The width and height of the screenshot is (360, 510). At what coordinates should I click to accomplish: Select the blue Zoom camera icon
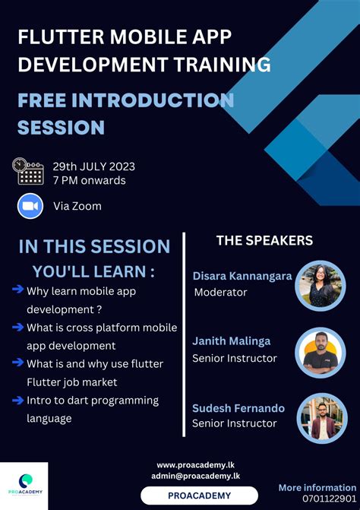pyautogui.click(x=30, y=206)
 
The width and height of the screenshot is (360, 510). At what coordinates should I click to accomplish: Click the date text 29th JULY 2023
pyautogui.click(x=93, y=166)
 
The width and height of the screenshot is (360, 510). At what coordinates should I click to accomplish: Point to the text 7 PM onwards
pyautogui.click(x=89, y=180)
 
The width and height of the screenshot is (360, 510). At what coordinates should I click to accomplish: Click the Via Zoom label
pyautogui.click(x=77, y=206)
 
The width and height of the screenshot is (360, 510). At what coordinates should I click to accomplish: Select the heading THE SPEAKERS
pyautogui.click(x=264, y=240)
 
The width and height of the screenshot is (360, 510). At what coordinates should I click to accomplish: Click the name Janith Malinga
pyautogui.click(x=231, y=341)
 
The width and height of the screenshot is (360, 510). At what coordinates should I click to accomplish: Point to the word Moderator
pyautogui.click(x=221, y=292)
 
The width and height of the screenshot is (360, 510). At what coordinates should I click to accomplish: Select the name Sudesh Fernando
pyautogui.click(x=238, y=407)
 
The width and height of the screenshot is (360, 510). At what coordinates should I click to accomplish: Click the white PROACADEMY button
pyautogui.click(x=199, y=496)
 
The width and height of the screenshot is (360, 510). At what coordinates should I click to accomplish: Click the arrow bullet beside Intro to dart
pyautogui.click(x=17, y=400)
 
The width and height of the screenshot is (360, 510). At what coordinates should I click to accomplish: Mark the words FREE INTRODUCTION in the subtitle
pyautogui.click(x=125, y=101)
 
